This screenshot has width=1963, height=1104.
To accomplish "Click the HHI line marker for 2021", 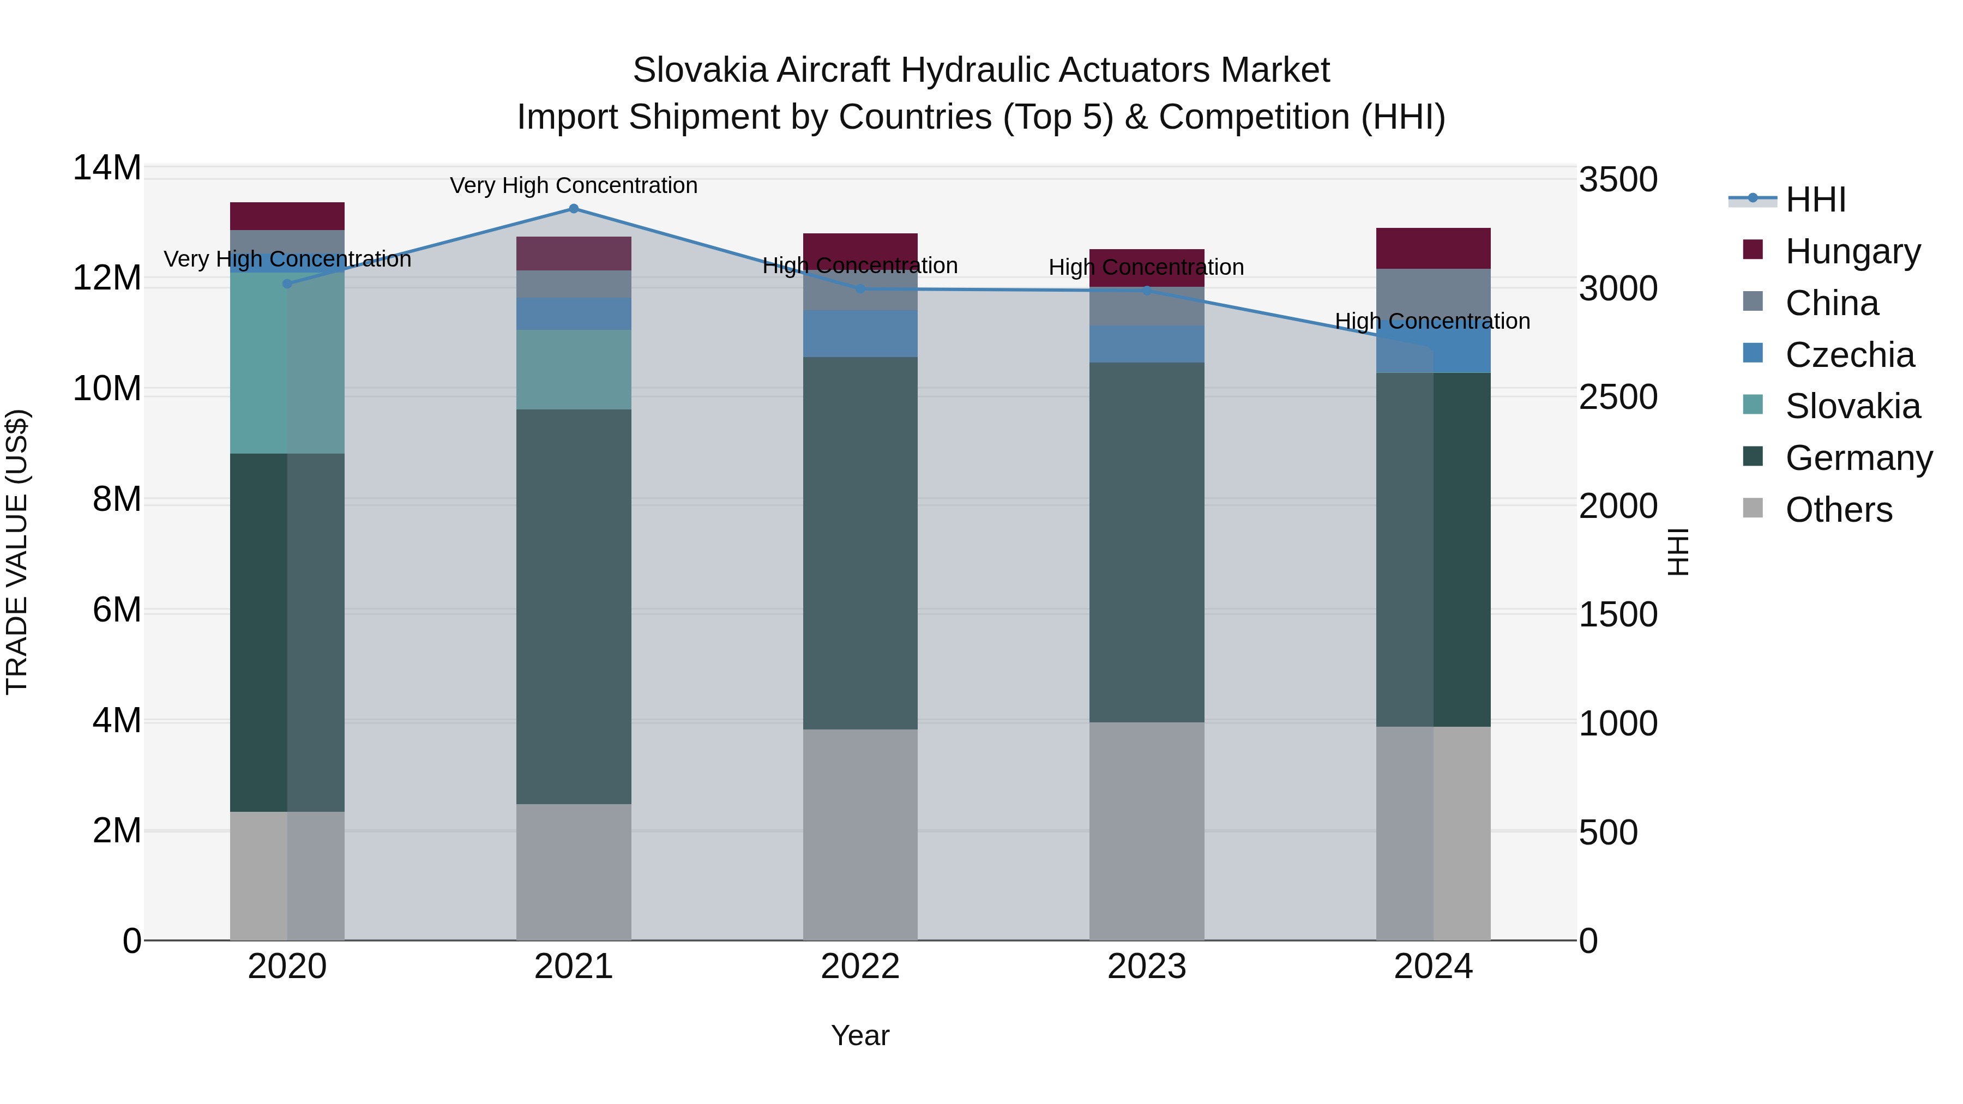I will (574, 209).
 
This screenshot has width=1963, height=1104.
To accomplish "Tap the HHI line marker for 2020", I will (287, 284).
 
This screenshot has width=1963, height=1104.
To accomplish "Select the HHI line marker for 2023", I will (1147, 290).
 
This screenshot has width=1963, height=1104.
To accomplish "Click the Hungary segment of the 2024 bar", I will (1434, 249).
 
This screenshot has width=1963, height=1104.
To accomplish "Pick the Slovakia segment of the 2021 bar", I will (574, 370).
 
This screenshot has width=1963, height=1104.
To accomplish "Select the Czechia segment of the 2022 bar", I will (860, 334).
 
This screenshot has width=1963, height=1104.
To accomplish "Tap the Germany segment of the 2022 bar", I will (860, 542).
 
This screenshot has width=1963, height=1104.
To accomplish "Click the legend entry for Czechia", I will (1850, 355).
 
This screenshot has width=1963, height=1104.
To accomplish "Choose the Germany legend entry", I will (1859, 458).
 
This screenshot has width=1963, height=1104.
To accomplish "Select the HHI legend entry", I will (1815, 200).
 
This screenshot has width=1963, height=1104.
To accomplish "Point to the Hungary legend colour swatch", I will (1753, 250).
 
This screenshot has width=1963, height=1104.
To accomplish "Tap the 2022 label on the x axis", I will (860, 967).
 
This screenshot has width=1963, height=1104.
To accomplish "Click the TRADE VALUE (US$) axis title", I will (17, 552).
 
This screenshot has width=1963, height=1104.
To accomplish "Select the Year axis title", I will (860, 1035).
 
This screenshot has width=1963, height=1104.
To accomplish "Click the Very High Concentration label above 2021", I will (574, 185).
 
